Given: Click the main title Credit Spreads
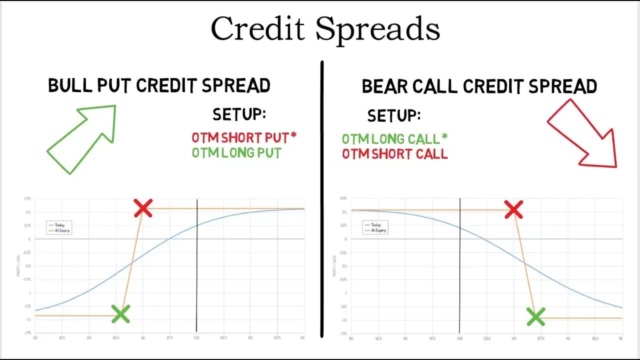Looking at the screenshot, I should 325,29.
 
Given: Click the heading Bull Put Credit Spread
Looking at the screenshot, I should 159,86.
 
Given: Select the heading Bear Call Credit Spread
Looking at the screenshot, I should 479,87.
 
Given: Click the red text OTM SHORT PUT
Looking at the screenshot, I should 243,137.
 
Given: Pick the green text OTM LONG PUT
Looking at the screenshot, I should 236,152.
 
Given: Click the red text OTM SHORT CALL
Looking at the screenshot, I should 394,154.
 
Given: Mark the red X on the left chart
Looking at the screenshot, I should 143,208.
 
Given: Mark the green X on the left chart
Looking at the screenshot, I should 120,314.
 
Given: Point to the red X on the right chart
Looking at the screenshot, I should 513,210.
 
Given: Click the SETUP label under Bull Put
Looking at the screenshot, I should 239,114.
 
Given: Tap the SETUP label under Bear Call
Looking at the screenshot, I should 394,116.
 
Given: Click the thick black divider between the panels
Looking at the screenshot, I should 321,200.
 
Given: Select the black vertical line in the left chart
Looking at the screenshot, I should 197,280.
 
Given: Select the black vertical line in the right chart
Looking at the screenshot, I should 459,280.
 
